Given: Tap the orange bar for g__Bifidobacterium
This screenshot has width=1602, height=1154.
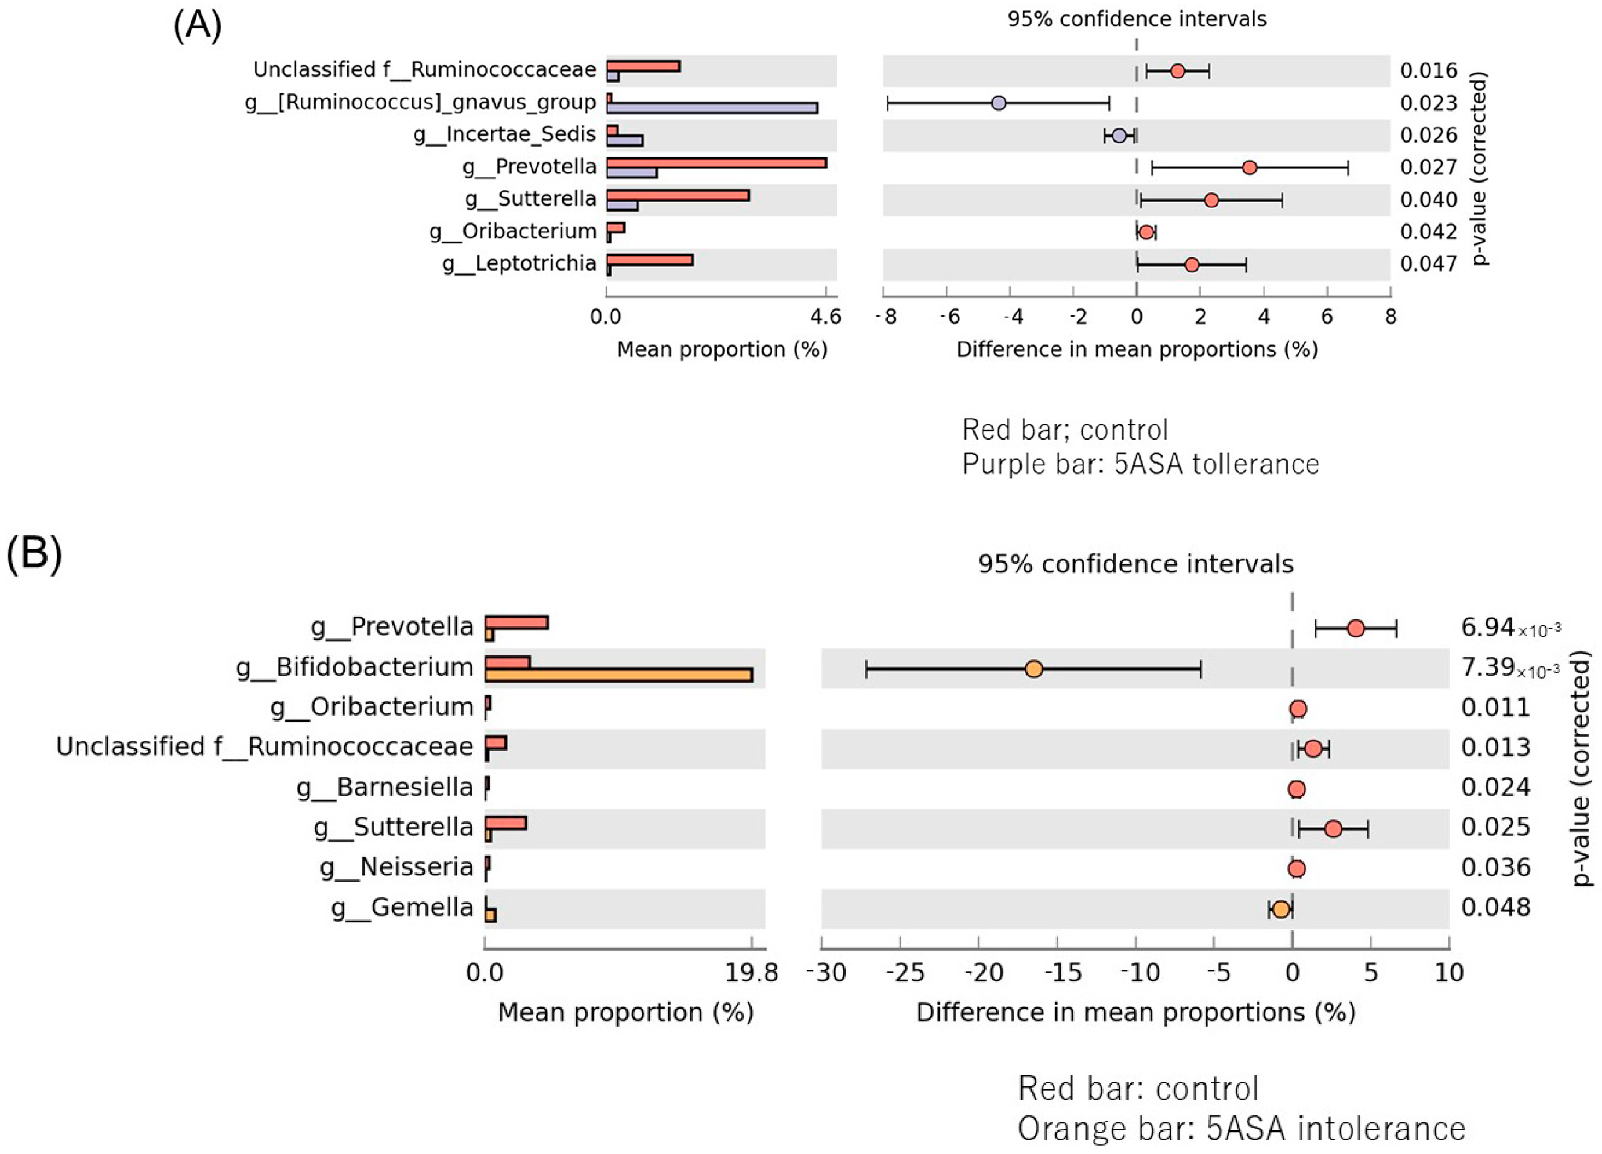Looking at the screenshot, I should pos(618,676).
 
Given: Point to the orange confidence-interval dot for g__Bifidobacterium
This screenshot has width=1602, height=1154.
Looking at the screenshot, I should pos(1034,669).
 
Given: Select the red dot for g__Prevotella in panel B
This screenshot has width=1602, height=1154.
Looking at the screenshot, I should pos(1355,628).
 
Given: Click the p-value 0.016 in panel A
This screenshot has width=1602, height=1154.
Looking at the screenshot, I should pos(1428,71).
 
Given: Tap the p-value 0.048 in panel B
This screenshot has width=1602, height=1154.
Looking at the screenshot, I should pos(1495,907).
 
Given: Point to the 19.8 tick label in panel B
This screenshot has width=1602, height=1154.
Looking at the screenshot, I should pos(752,973).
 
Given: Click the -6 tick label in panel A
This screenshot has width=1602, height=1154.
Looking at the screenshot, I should pos(949,317).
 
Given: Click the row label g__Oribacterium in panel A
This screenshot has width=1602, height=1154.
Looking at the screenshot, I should pos(513,231).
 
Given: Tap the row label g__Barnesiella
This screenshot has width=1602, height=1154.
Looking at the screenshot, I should pos(384,787).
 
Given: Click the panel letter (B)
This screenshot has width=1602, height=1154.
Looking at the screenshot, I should pos(34,553).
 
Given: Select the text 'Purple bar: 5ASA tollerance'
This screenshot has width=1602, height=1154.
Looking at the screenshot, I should pos(1140,464).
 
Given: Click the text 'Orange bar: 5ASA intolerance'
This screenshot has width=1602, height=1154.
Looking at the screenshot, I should pos(1241,1128).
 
